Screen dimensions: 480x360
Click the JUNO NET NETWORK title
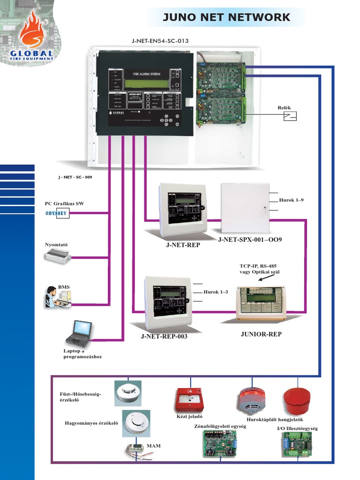click(226, 18)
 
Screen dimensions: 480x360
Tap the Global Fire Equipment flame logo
click(32, 37)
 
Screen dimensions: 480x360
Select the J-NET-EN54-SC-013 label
click(160, 41)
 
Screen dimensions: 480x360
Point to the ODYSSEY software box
click(57, 213)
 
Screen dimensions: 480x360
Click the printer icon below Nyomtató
click(58, 256)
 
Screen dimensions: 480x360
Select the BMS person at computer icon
click(58, 297)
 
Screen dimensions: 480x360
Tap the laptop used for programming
click(79, 333)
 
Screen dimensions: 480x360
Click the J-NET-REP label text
click(183, 245)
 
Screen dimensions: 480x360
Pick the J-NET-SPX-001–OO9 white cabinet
click(245, 208)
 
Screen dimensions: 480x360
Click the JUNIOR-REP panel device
click(261, 303)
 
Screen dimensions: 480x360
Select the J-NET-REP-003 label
click(164, 337)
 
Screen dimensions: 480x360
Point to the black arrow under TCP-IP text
click(268, 278)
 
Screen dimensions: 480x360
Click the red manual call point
click(188, 399)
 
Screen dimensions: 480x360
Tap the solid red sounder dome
click(297, 401)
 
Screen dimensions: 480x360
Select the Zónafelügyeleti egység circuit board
click(219, 443)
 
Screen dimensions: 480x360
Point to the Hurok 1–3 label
click(216, 292)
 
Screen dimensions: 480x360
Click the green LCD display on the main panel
click(146, 84)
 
